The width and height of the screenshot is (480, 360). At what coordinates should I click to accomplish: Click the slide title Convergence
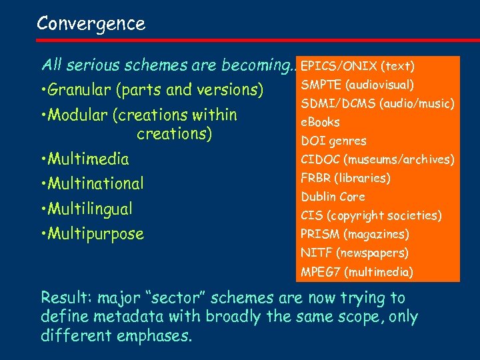pos(91,24)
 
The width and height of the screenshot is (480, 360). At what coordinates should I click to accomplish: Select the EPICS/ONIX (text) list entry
pos(358,66)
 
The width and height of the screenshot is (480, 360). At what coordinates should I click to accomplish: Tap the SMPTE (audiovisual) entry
pos(357,85)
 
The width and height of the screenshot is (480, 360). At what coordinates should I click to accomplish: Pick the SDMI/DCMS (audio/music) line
pos(377,103)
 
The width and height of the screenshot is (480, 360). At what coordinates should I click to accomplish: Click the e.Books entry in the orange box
pos(321,122)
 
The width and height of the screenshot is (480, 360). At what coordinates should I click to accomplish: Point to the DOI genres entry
pos(334,141)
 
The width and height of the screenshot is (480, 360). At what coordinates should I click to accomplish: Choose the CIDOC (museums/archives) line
pos(377,159)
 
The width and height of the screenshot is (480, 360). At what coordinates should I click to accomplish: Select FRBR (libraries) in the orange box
pos(346,178)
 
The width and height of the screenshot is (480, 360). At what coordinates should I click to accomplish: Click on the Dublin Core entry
pos(333,197)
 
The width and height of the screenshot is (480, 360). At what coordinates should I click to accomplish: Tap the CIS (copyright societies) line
pos(371,215)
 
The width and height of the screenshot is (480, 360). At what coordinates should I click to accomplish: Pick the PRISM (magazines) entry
pos(355,234)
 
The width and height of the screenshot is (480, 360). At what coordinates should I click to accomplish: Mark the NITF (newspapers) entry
pos(355,253)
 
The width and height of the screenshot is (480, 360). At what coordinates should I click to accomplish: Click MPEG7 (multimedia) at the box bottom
pos(357,272)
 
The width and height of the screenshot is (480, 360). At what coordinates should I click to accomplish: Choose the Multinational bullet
pos(95,183)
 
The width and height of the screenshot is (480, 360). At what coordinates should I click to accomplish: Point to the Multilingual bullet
pos(90,209)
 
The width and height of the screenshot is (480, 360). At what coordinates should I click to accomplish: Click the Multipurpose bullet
pos(95,234)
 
